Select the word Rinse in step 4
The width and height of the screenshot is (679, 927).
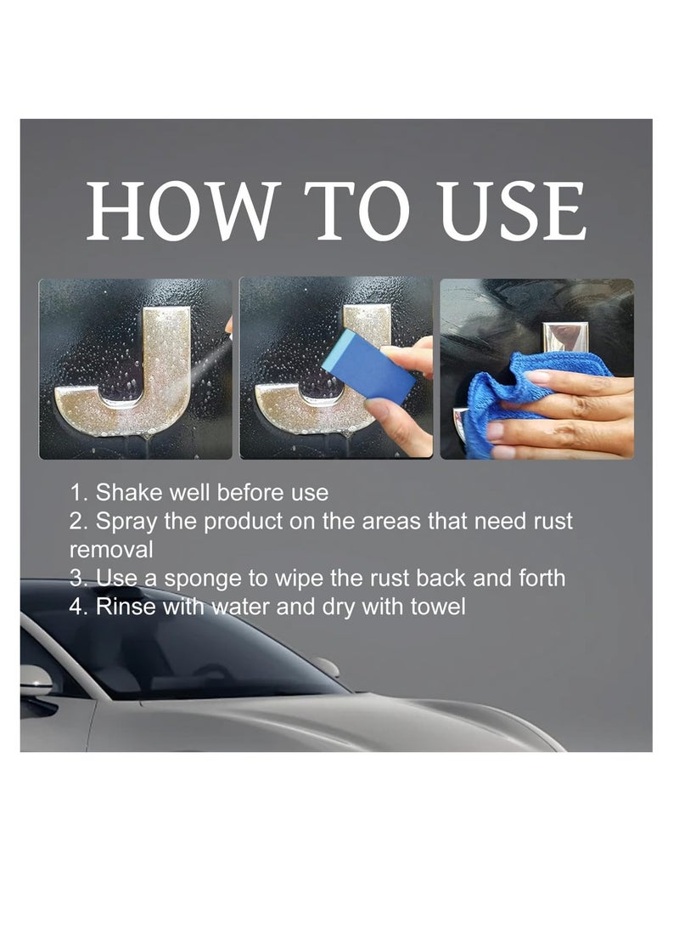[123, 607]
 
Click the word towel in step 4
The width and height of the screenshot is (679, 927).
[437, 607]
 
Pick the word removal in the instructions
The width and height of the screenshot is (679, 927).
[111, 549]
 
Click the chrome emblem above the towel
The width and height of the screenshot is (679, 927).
[559, 333]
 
